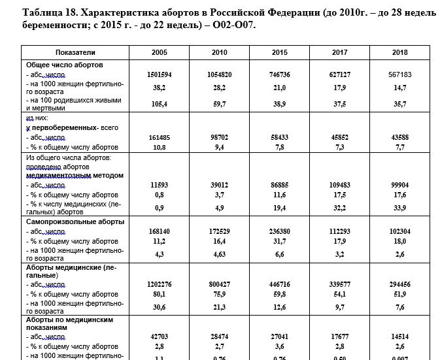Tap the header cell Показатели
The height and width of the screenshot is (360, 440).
coord(75,52)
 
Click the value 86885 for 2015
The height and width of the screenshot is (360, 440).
coord(279,185)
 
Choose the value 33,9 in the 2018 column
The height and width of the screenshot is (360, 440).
coord(399,208)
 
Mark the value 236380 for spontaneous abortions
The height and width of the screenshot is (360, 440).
coord(279,231)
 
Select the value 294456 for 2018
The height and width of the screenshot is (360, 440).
coord(399,285)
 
